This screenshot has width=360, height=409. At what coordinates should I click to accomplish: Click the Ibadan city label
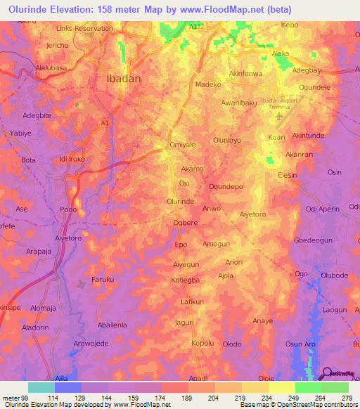pos(123,79)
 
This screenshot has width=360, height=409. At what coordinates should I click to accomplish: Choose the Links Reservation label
pos(84,29)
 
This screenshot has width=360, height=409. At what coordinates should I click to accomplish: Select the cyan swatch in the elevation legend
pos(41,387)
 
